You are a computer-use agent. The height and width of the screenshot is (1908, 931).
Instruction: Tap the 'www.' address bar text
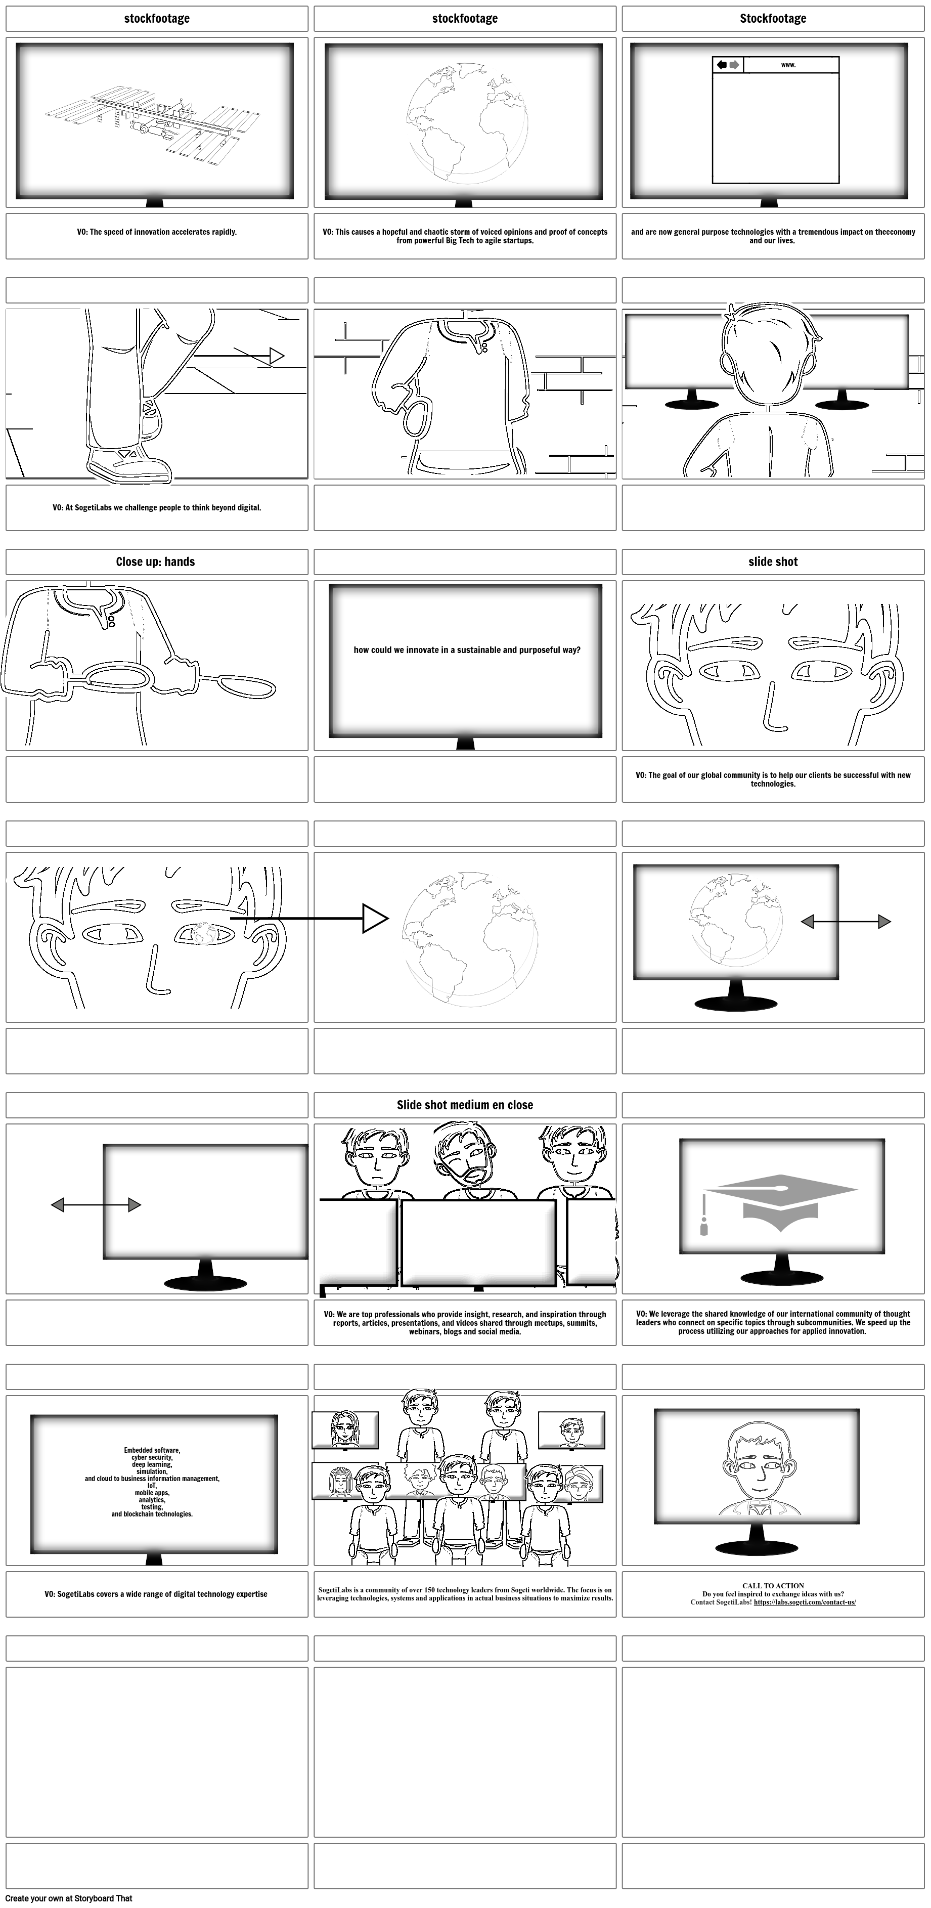(788, 65)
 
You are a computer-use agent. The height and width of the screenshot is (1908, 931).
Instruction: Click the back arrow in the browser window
(722, 65)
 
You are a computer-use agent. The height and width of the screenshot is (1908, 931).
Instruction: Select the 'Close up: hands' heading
(156, 561)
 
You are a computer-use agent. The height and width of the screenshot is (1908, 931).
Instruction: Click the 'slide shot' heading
(773, 561)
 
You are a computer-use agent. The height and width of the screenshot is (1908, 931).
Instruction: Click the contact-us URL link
(805, 1601)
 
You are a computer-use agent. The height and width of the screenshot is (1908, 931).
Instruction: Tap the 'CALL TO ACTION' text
(773, 1586)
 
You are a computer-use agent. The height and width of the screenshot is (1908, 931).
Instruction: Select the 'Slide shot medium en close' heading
(464, 1104)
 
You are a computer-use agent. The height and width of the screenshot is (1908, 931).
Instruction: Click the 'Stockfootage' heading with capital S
(773, 19)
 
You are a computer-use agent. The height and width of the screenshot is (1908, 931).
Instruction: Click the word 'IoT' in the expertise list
(152, 1485)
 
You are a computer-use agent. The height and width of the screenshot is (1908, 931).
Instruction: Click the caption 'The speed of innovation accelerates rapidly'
(156, 232)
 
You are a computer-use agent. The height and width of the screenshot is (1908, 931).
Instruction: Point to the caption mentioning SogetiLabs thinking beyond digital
(156, 508)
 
